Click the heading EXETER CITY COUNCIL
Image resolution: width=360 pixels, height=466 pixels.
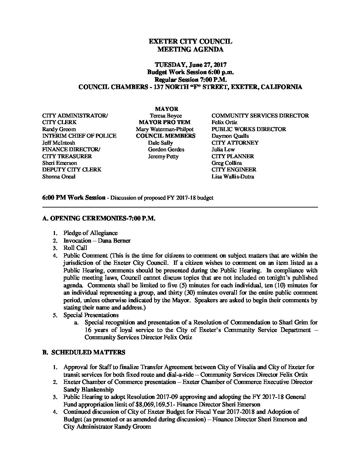190,42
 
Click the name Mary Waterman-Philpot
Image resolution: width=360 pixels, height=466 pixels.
164,129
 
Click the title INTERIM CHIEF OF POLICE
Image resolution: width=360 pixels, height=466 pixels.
79,136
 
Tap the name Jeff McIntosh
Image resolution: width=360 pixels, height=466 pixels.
59,143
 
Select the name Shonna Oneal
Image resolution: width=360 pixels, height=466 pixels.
59,177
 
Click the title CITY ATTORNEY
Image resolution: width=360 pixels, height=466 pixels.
235,143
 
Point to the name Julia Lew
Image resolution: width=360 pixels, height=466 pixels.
223,150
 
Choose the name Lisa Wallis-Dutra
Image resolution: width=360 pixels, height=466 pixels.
233,177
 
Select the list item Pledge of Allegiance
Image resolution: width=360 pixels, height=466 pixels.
90,233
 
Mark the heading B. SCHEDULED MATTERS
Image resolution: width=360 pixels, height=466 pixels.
84,352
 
